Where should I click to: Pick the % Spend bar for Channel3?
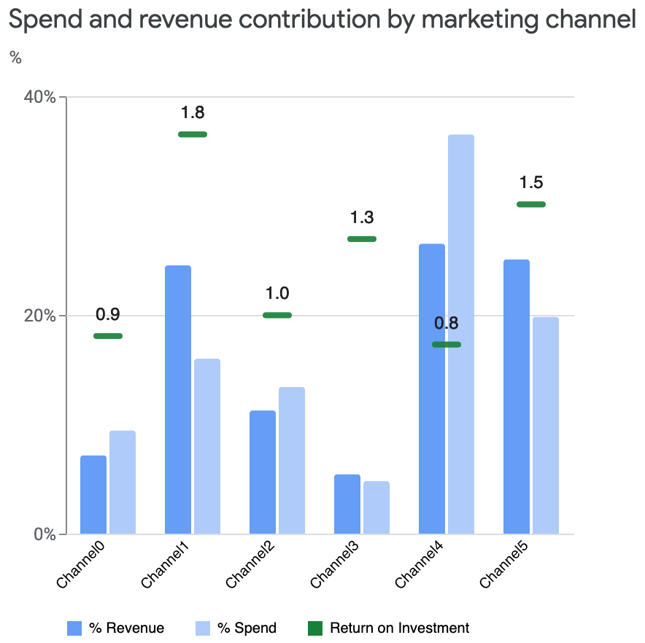coord(376,507)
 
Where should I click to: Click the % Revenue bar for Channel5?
coord(517,397)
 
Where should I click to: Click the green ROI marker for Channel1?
coord(193,134)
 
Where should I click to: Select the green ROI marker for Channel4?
coord(447,344)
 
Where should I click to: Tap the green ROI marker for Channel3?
coord(362,239)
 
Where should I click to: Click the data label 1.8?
coord(193,112)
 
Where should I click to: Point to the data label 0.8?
coord(447,323)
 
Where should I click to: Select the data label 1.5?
coord(531,182)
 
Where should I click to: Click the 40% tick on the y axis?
coord(41,97)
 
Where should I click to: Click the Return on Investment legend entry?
coord(399,628)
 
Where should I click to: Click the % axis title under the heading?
coord(15,58)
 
